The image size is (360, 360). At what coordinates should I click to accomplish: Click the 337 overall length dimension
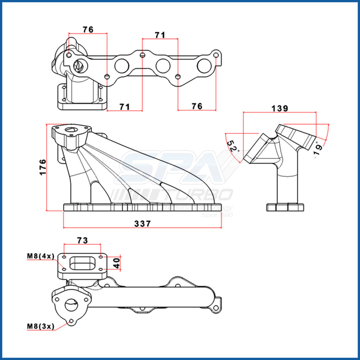click(x=143, y=224)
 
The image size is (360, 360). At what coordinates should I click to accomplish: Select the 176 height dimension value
click(x=42, y=167)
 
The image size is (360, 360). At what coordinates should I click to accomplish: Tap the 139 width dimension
click(x=280, y=108)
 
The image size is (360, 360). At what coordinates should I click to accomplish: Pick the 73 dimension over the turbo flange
click(x=82, y=240)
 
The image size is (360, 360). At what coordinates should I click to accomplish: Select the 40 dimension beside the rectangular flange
click(x=116, y=263)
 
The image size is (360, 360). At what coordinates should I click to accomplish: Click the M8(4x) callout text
click(x=40, y=256)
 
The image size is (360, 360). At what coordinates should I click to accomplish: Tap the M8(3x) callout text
click(x=40, y=326)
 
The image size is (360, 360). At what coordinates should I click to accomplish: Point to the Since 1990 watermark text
click(x=217, y=215)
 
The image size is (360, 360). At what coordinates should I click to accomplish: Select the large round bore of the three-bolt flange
click(x=71, y=305)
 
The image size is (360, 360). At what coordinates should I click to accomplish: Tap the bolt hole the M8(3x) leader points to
click(x=72, y=321)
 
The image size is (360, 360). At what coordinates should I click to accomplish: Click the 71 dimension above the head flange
click(x=160, y=35)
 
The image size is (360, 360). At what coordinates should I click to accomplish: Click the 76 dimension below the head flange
click(x=197, y=106)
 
